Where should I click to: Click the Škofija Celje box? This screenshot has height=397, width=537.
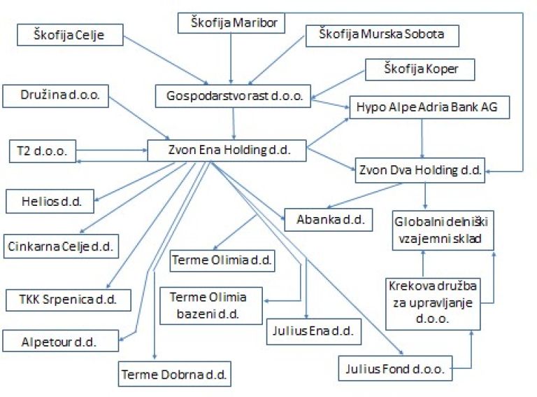click(70, 34)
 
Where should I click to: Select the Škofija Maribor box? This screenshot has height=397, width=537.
click(231, 23)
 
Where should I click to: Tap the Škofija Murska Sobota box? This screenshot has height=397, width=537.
click(382, 36)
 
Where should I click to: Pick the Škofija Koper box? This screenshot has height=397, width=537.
click(420, 69)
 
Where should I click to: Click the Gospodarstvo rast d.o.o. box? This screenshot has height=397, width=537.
click(233, 96)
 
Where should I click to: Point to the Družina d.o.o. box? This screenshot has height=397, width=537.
click(55, 96)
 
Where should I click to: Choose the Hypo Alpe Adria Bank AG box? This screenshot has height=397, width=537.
click(429, 107)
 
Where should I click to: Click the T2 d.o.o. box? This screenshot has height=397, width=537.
click(43, 151)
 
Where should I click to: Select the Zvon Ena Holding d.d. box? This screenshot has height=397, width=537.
click(227, 150)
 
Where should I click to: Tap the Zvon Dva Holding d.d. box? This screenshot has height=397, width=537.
click(420, 170)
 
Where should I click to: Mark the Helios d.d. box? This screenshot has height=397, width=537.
click(50, 201)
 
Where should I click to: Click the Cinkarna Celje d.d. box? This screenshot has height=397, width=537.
click(61, 246)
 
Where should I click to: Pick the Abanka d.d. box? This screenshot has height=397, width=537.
click(329, 219)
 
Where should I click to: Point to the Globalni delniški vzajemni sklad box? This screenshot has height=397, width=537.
click(443, 230)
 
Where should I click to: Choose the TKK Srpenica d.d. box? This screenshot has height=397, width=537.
click(69, 300)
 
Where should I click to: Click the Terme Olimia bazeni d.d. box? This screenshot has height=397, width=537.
click(211, 306)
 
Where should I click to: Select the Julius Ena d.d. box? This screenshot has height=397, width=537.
click(314, 331)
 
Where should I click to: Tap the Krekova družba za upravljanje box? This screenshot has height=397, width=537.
click(433, 304)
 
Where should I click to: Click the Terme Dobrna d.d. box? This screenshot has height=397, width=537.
click(175, 374)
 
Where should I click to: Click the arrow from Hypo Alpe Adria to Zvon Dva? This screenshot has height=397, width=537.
click(422, 139)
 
